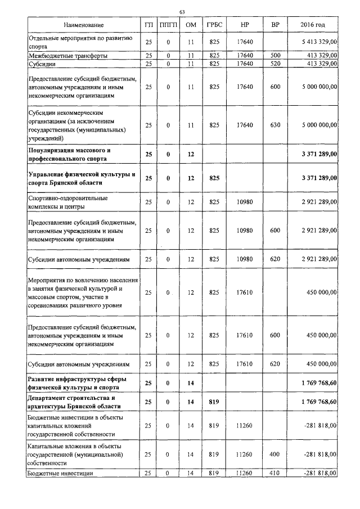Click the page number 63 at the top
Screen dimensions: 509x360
[182, 12]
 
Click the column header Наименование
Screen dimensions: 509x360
[83, 26]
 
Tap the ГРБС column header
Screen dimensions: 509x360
[214, 26]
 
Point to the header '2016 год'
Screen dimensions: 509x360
[313, 26]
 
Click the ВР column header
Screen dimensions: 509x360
[274, 26]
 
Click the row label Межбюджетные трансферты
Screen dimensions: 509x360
[68, 56]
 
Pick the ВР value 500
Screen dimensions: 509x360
[274, 56]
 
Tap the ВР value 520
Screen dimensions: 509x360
[274, 64]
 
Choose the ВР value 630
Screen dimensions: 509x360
[274, 125]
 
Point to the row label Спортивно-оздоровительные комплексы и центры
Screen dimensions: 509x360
[68, 202]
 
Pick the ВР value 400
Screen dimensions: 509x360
[274, 453]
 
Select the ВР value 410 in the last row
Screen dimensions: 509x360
[274, 474]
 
